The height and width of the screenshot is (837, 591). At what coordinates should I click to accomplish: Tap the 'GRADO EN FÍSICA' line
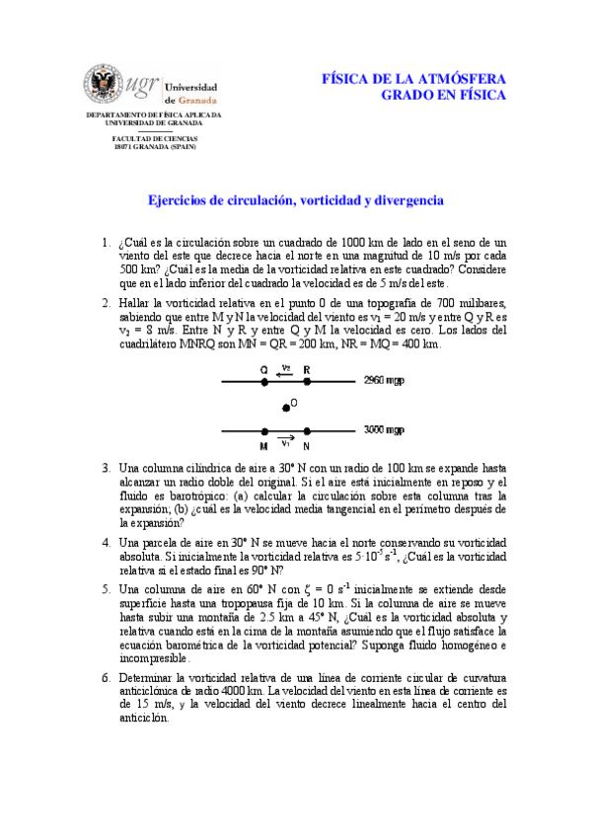point(443,95)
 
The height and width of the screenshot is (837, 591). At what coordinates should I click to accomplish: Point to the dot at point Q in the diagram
point(264,380)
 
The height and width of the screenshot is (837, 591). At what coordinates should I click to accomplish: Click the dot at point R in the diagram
point(308,380)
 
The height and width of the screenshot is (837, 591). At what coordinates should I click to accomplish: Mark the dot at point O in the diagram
point(286,406)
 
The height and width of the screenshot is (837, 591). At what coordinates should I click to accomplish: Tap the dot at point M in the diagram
point(264,431)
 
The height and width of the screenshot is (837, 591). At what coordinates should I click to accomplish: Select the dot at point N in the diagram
point(308,431)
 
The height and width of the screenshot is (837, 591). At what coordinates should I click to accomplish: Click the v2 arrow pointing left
point(286,373)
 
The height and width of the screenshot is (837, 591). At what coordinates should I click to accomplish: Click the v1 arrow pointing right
point(286,440)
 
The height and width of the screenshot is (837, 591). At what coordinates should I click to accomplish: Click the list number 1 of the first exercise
point(106,242)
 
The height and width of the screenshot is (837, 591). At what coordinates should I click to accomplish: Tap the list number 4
point(106,543)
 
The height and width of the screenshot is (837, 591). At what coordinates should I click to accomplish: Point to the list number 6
point(106,679)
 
